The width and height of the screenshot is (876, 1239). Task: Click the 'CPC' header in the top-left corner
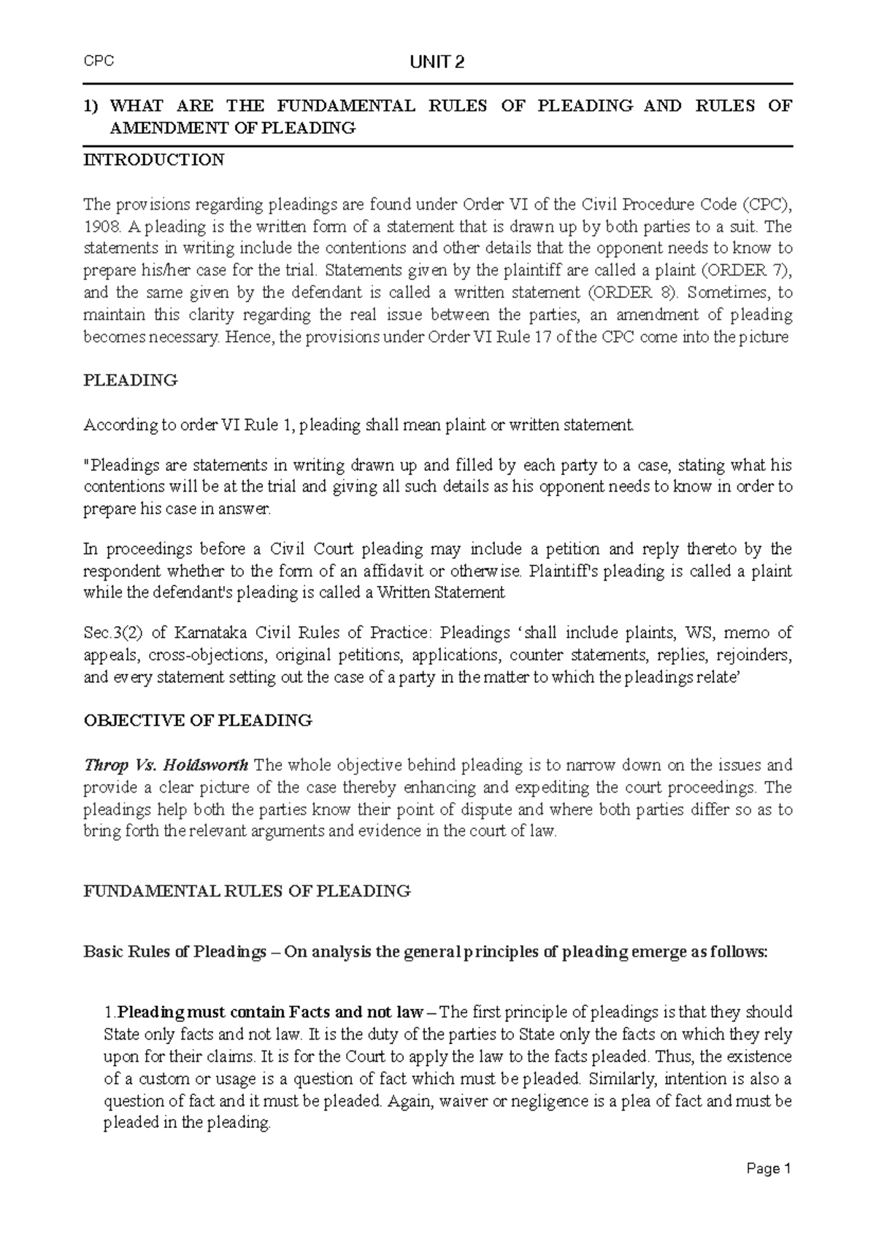[x=99, y=61]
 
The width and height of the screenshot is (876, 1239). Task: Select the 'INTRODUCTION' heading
[x=154, y=160]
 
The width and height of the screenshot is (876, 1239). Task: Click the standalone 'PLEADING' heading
[x=131, y=380]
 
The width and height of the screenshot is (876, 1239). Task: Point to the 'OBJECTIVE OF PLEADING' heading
[x=198, y=720]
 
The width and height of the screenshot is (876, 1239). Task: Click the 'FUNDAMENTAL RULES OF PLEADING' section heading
[x=247, y=891]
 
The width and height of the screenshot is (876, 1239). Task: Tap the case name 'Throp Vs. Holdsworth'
[x=166, y=766]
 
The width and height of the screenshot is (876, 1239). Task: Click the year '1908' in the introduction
[x=99, y=226]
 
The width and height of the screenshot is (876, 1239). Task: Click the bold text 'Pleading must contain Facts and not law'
[x=270, y=1013]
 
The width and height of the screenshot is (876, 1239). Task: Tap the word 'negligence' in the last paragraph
[x=546, y=1101]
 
